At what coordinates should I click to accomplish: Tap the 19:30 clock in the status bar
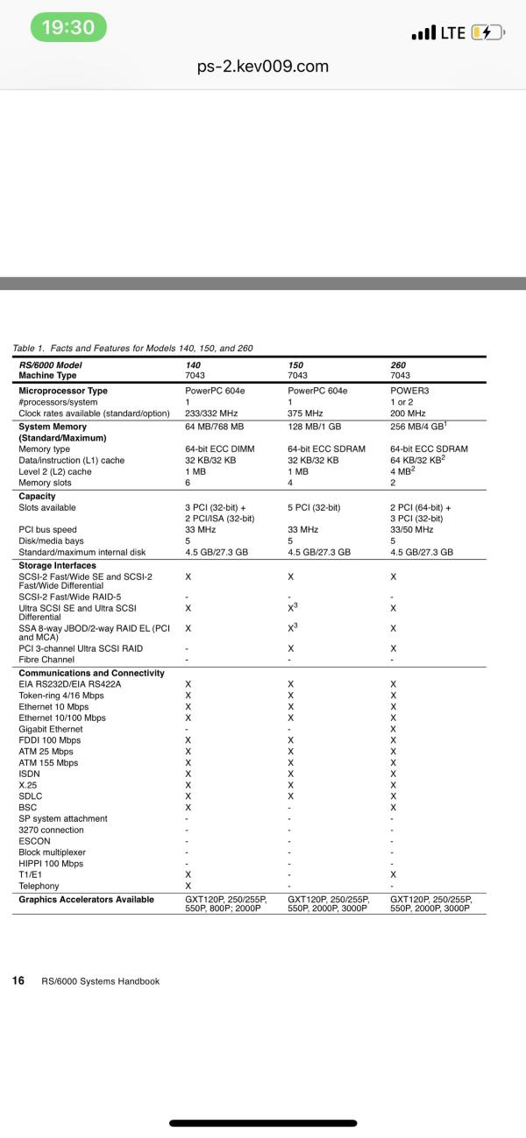(x=68, y=28)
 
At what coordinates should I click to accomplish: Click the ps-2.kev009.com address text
(x=263, y=67)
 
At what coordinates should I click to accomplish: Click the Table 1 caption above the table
(x=132, y=348)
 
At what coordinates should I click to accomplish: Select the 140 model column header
(x=193, y=364)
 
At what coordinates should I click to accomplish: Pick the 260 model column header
(x=398, y=364)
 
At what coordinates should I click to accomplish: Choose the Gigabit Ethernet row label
(x=51, y=729)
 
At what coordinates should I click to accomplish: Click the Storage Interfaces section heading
(x=58, y=566)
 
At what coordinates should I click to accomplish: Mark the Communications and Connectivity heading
(x=91, y=673)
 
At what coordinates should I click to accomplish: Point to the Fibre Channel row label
(x=46, y=660)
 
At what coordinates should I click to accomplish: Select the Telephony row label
(x=40, y=886)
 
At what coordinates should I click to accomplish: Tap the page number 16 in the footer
(x=18, y=980)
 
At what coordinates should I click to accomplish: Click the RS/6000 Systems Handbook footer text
(x=101, y=981)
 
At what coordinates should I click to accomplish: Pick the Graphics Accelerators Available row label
(x=86, y=899)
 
